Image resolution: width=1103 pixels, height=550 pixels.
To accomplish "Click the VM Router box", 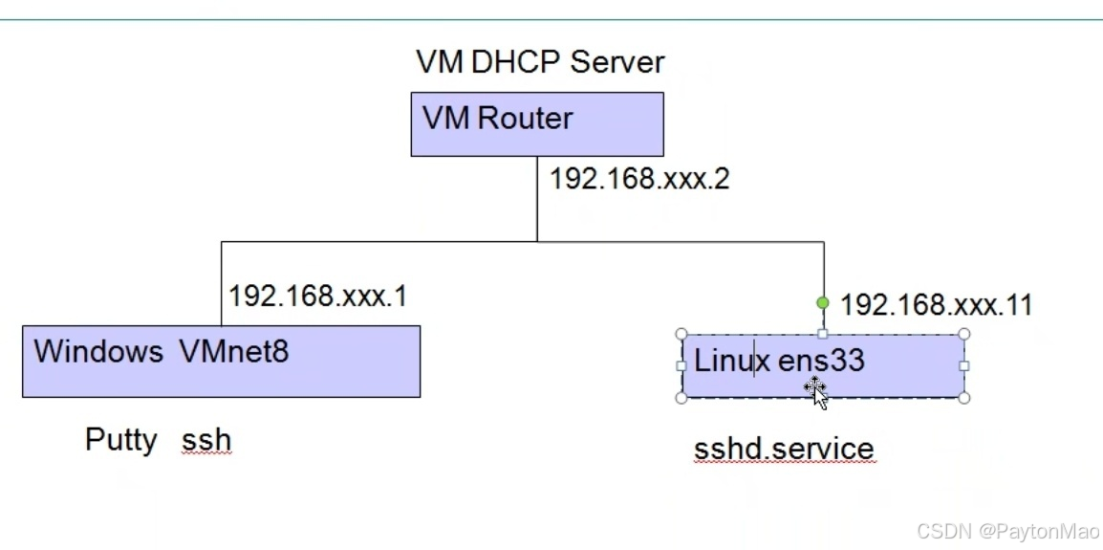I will (536, 124).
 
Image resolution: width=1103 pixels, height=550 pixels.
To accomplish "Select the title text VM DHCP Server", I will (539, 62).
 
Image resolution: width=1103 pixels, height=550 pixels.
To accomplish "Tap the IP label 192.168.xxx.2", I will (638, 179).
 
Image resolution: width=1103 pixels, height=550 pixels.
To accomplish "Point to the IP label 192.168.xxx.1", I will (317, 296).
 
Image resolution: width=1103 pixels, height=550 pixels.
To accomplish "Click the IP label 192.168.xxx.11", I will (936, 305).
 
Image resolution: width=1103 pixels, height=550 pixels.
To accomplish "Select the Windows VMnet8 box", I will (221, 362).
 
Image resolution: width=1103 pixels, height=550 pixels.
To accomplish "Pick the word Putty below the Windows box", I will (121, 440).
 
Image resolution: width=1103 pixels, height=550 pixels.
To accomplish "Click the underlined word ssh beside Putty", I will (206, 441).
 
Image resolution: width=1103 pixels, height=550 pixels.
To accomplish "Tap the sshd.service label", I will (783, 449).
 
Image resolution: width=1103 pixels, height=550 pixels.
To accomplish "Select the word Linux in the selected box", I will (731, 361).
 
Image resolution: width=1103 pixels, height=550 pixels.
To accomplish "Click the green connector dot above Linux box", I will (823, 303).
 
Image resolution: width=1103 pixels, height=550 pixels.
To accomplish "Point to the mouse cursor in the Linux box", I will (816, 391).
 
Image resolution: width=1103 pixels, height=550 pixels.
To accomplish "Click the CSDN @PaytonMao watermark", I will (1007, 531).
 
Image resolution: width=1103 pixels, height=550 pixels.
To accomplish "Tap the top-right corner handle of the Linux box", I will (963, 335).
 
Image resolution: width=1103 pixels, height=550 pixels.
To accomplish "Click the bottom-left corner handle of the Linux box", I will (681, 397).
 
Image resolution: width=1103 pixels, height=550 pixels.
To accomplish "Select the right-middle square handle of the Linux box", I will (963, 365).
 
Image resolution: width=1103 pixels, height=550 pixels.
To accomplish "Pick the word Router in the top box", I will (525, 119).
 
